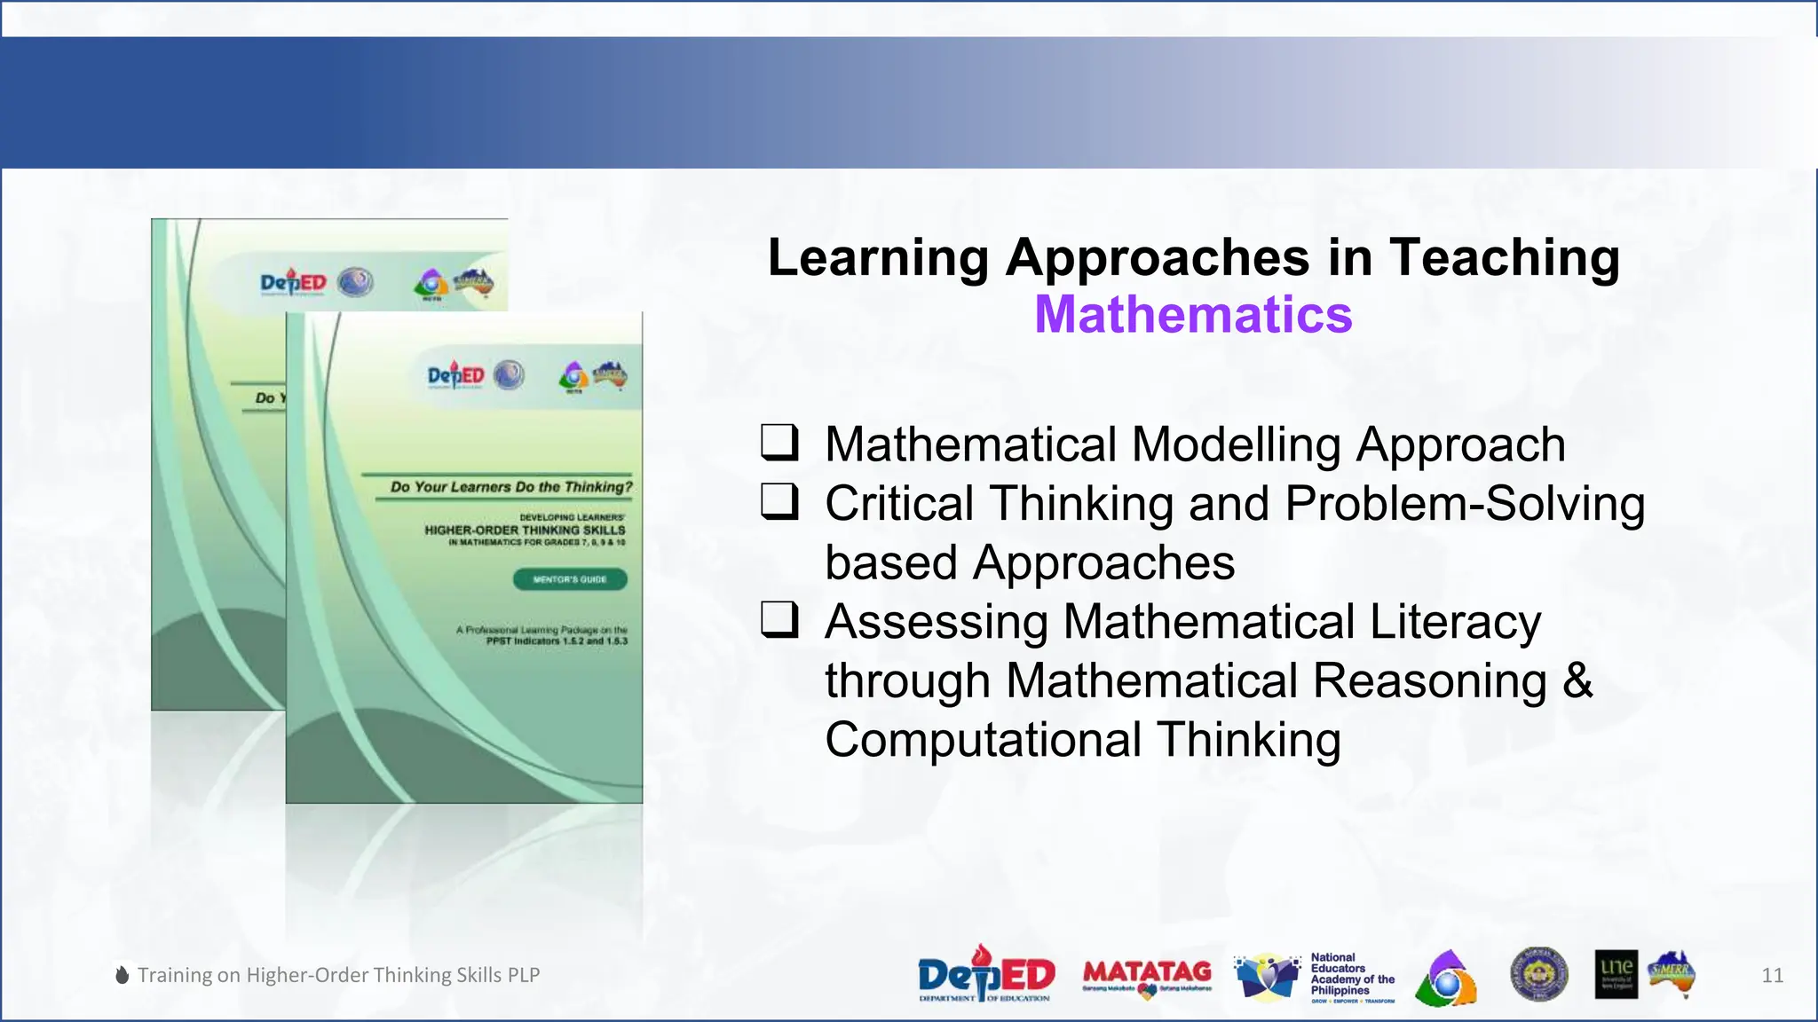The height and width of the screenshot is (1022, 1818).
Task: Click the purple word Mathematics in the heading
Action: pyautogui.click(x=1193, y=315)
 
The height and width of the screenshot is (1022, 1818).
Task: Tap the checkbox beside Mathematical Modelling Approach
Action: pyautogui.click(x=779, y=443)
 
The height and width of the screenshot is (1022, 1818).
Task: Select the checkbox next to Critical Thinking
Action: pyautogui.click(x=779, y=502)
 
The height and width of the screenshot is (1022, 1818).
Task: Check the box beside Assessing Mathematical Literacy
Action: pyautogui.click(x=779, y=620)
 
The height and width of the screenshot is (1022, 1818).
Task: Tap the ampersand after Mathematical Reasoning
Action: pyautogui.click(x=1577, y=680)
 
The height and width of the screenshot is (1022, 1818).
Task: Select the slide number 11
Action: pyautogui.click(x=1772, y=975)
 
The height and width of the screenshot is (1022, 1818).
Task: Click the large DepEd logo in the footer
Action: pyautogui.click(x=985, y=974)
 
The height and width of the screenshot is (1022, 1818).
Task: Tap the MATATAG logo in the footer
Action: pyautogui.click(x=1147, y=974)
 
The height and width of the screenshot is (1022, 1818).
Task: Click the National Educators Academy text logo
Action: pyautogui.click(x=1351, y=976)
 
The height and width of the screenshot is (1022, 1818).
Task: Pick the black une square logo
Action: pyautogui.click(x=1616, y=974)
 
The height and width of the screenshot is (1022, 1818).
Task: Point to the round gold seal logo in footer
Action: pyautogui.click(x=1538, y=974)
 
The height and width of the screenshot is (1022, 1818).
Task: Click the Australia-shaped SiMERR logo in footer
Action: pyautogui.click(x=1672, y=973)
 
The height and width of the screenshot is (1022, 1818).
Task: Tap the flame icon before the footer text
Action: pyautogui.click(x=123, y=975)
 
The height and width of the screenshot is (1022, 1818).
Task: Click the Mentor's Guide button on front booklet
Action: pyautogui.click(x=570, y=579)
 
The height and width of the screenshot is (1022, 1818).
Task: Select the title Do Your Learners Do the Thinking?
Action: pyautogui.click(x=511, y=487)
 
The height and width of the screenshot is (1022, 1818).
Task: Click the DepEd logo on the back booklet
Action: pyautogui.click(x=294, y=283)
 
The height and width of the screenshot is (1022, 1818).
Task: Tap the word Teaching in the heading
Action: pyautogui.click(x=1505, y=258)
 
